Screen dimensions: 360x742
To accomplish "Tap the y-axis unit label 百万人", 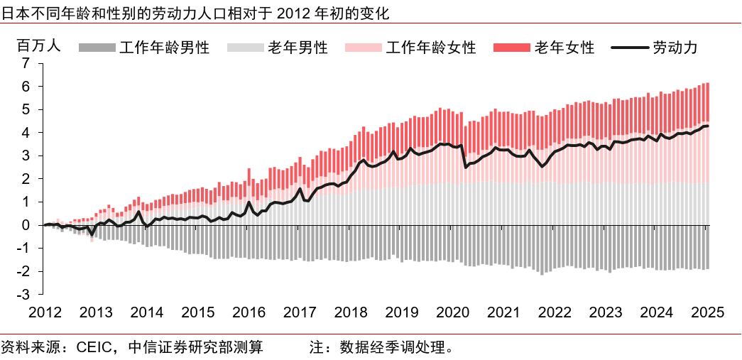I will (x=39, y=45).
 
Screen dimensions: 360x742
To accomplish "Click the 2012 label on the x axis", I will (x=45, y=313).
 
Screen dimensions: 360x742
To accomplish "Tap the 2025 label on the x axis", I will (x=707, y=313).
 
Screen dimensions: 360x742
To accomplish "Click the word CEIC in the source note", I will (x=93, y=347).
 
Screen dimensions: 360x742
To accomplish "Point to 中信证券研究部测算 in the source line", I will (x=195, y=347).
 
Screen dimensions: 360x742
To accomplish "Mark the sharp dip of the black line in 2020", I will (x=465, y=168).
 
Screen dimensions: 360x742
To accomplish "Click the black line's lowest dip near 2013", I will (x=92, y=234).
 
